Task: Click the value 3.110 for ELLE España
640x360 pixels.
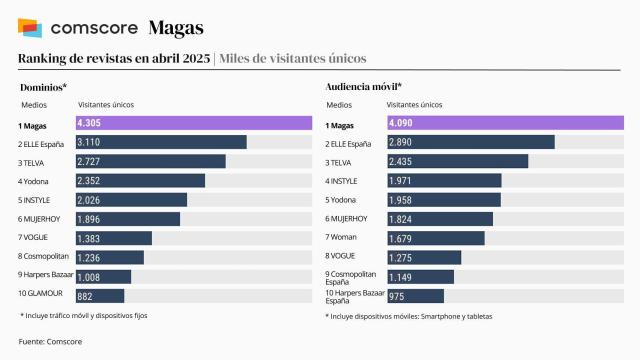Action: [x=95, y=142]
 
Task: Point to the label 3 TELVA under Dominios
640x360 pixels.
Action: [x=35, y=161]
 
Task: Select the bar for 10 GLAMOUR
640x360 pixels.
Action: [x=99, y=295]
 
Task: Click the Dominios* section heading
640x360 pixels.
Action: [x=43, y=87]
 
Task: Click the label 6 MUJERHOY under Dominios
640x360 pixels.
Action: [x=43, y=219]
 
